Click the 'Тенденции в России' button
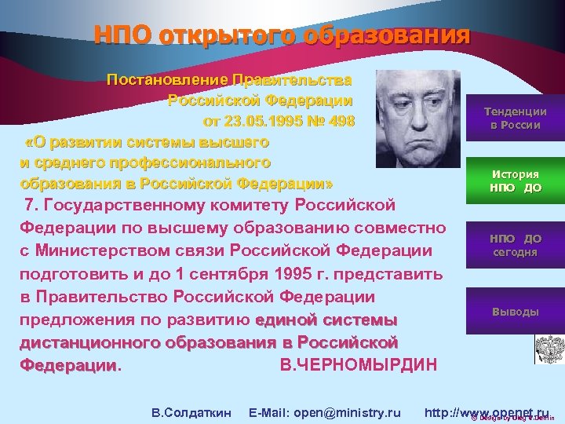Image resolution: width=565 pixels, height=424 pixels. coord(515,118)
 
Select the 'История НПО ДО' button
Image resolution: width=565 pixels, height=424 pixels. coord(515,181)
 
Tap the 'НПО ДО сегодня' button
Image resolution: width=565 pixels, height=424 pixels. coord(515,245)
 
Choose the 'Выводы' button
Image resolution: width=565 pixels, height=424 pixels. coord(515,312)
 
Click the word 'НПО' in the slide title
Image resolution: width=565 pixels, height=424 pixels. coord(122,36)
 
